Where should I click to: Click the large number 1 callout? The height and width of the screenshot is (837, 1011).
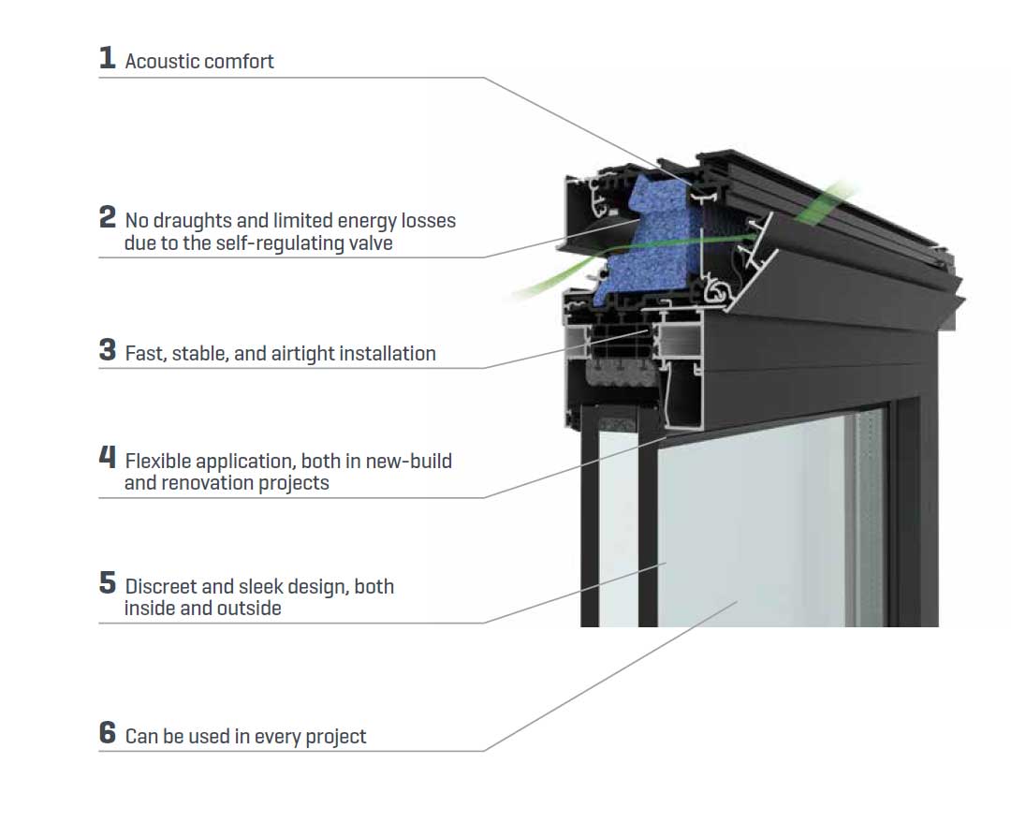click(108, 58)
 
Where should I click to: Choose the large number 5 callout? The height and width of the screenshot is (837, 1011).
click(108, 583)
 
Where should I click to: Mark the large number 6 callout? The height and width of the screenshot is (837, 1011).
click(108, 733)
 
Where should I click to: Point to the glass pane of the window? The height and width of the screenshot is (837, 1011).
click(749, 534)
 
